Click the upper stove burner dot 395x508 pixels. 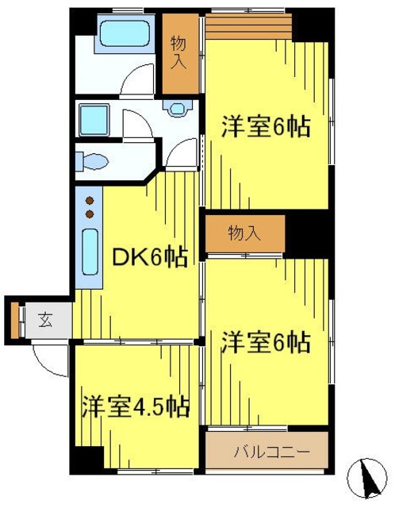pos(90,201)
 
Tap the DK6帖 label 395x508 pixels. pos(150,257)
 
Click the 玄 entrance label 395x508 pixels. pos(45,321)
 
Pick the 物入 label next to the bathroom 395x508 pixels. pos(180,52)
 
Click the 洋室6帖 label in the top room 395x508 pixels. pos(265,127)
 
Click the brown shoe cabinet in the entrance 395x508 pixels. pos(14,321)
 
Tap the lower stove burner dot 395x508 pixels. pos(90,214)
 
